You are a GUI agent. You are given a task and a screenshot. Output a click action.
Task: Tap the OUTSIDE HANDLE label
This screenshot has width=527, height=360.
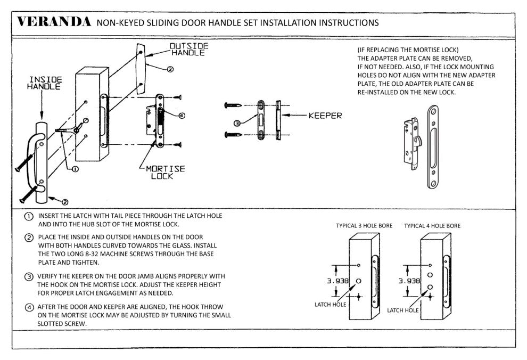click(188, 50)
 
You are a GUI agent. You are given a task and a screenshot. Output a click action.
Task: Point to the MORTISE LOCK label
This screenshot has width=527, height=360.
click(165, 172)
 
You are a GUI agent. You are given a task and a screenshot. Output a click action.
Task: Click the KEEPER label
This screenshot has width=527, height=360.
click(325, 115)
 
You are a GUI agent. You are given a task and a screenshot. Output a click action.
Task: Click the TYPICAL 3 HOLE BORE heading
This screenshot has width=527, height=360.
click(364, 226)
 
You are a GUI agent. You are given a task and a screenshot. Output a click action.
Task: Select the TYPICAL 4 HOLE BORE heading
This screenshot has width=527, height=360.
click(432, 226)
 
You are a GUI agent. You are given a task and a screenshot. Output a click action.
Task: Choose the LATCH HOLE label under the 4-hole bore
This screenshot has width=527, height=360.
click(403, 309)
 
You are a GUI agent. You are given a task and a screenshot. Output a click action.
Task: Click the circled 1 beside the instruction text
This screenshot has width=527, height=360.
click(28, 216)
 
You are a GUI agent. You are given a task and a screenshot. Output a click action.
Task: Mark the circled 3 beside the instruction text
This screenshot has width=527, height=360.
click(28, 276)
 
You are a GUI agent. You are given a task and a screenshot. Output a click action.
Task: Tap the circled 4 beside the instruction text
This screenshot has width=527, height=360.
click(28, 307)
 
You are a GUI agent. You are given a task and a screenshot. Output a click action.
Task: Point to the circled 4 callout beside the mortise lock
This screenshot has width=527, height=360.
click(182, 115)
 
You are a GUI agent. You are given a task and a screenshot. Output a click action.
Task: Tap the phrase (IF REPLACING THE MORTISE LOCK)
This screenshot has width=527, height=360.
click(405, 50)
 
